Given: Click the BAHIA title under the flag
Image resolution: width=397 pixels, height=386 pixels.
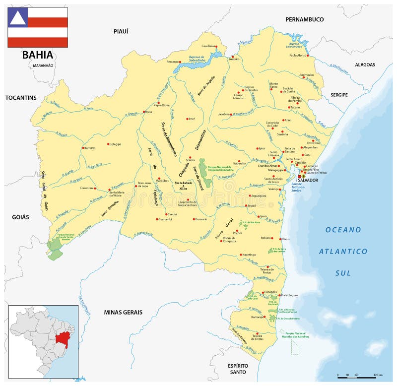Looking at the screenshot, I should coord(37,55).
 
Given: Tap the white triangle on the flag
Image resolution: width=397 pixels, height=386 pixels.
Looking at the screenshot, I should coord(17,18).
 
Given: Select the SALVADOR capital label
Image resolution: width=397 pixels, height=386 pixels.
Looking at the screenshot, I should coord(308,180).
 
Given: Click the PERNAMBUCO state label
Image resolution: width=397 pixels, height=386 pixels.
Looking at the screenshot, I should coord(304,19).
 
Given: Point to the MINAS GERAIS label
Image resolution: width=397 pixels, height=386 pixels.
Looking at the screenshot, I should coord(123,312).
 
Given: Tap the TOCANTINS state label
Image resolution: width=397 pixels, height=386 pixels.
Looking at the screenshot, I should coord(21,98).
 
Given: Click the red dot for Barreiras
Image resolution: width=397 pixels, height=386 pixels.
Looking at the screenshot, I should coord(83,147).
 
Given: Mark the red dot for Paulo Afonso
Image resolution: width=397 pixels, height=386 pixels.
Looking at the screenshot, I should coord(308,56).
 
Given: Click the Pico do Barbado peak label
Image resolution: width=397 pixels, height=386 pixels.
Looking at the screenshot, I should coord(183,183).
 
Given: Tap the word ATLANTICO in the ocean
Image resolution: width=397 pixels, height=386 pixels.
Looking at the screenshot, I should coord(343,252).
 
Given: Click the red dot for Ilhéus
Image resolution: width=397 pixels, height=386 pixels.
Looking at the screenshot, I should coord(281,239).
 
